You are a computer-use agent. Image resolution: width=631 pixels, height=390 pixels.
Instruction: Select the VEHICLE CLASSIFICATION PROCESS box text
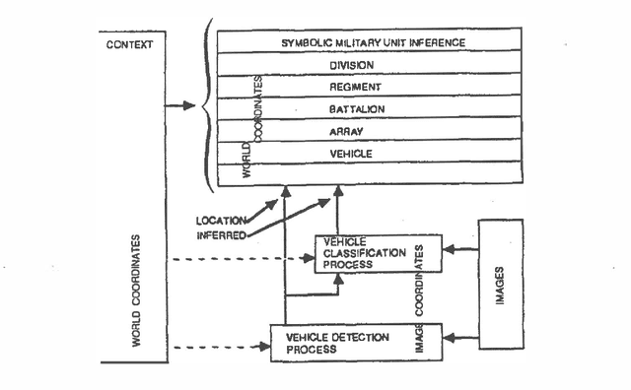359,253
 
